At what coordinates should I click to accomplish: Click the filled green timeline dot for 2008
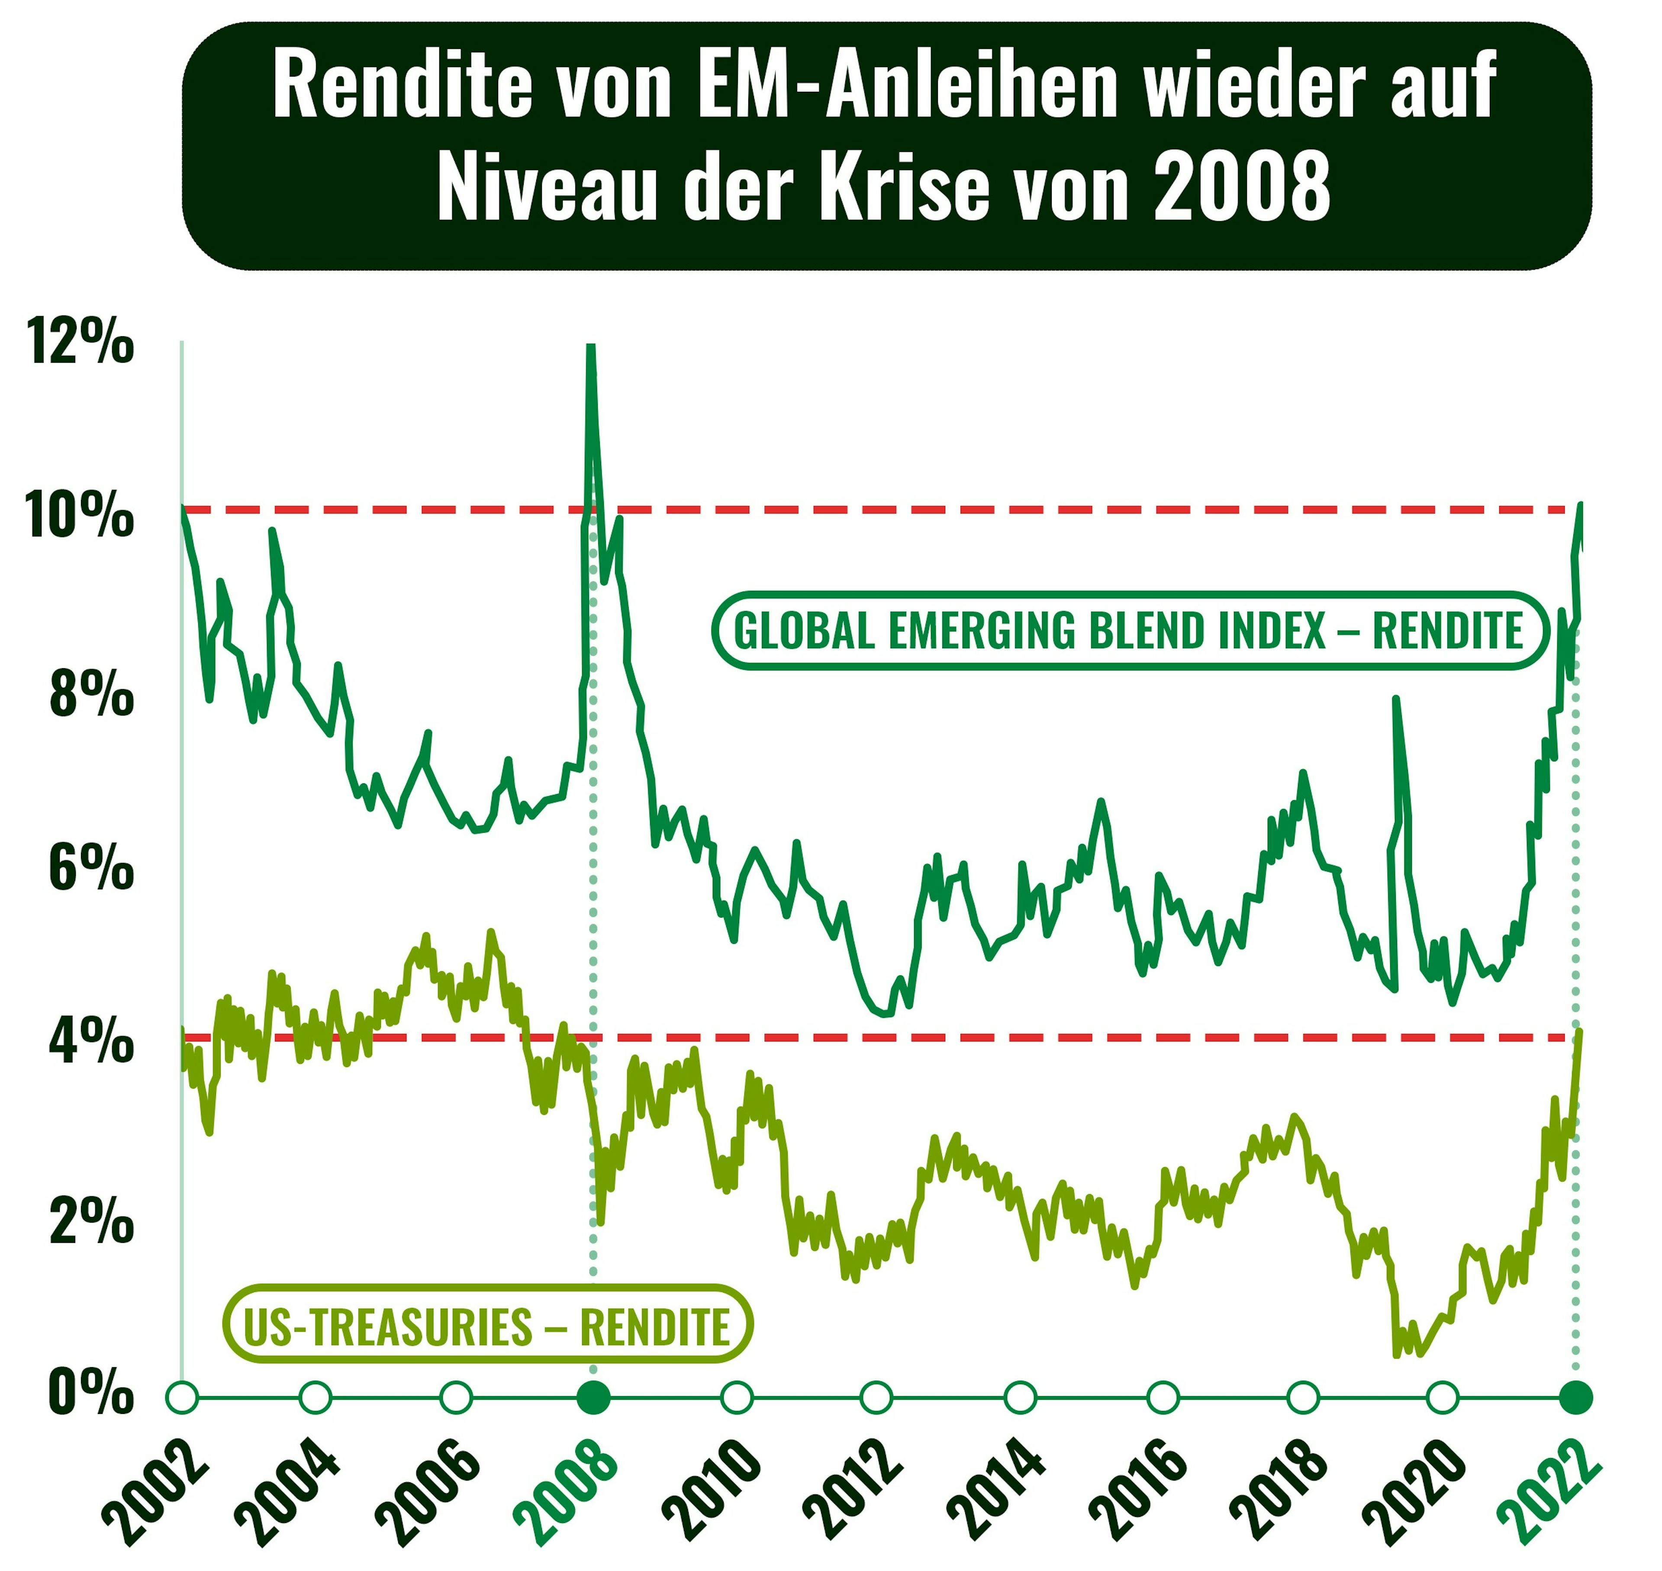(594, 1397)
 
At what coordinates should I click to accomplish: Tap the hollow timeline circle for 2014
(1020, 1397)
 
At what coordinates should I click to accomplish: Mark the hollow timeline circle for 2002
(183, 1397)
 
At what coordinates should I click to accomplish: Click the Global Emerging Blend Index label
(1128, 631)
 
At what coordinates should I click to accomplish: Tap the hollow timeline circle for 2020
(1442, 1397)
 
